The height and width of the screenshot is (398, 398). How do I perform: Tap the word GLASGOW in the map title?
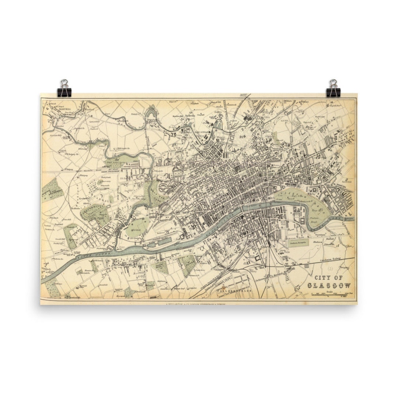(x=329, y=285)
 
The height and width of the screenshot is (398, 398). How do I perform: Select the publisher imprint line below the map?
(x=195, y=304)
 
